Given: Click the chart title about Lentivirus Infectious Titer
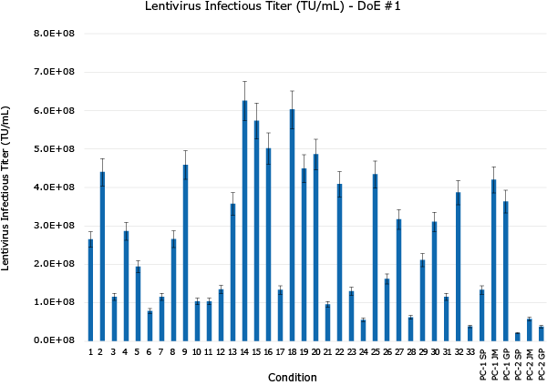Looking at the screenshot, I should coord(273,7).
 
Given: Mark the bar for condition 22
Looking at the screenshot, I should coord(339,264).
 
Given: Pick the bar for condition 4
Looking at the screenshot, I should coord(126,287).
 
